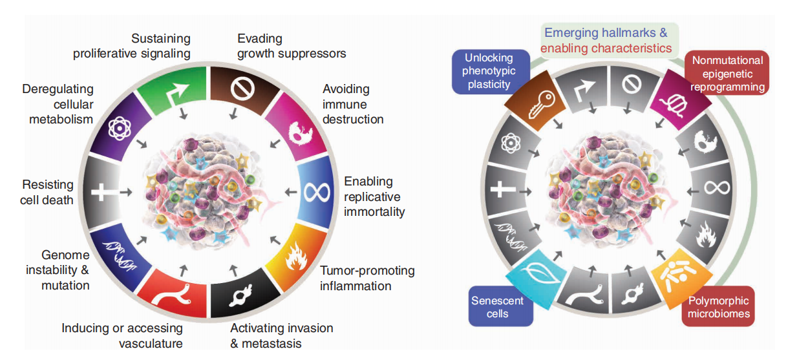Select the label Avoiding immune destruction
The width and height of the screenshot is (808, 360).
353,104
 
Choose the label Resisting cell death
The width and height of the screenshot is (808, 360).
47,193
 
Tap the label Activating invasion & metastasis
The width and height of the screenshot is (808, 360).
282,335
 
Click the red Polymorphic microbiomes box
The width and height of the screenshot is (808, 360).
718,308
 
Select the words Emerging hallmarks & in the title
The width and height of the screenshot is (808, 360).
606,33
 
